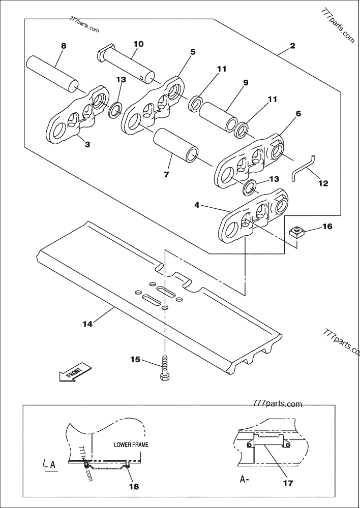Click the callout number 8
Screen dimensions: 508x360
tap(64, 46)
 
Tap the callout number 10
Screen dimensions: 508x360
tap(138, 44)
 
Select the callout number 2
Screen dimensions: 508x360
tap(292, 46)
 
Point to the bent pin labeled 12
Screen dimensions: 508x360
tap(305, 168)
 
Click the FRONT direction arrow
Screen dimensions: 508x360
tap(75, 372)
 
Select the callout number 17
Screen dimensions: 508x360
tap(288, 483)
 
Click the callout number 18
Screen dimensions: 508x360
tap(133, 486)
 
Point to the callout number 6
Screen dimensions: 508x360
tap(298, 113)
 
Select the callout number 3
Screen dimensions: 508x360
tap(87, 145)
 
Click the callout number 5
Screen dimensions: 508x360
tap(193, 51)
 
